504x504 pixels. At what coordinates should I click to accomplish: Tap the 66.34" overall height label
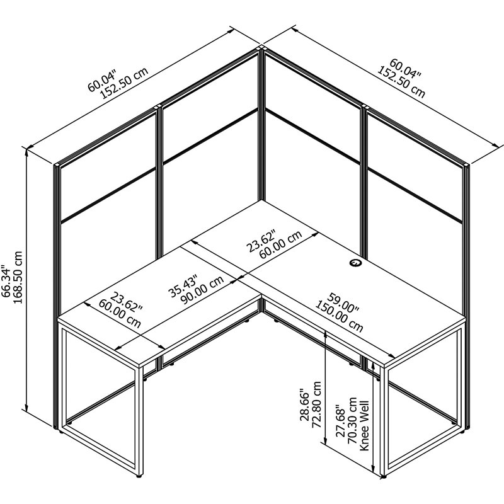click(6, 281)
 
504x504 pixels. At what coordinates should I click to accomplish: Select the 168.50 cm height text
click(18, 278)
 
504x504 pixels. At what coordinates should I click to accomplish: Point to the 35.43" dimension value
click(182, 285)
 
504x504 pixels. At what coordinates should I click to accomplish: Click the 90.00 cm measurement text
click(202, 290)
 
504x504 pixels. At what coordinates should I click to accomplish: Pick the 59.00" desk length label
click(343, 302)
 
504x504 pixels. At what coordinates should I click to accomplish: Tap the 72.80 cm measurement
click(316, 404)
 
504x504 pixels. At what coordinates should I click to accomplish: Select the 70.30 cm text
click(352, 421)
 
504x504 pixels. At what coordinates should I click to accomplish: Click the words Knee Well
click(364, 426)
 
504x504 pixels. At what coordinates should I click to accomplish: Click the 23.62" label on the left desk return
click(126, 302)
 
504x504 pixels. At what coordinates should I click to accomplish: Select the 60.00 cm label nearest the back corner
click(280, 244)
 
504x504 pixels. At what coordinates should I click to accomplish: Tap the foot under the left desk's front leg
click(139, 476)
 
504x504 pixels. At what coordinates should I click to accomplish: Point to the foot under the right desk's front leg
click(382, 477)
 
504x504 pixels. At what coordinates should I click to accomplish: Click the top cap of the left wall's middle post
click(158, 106)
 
